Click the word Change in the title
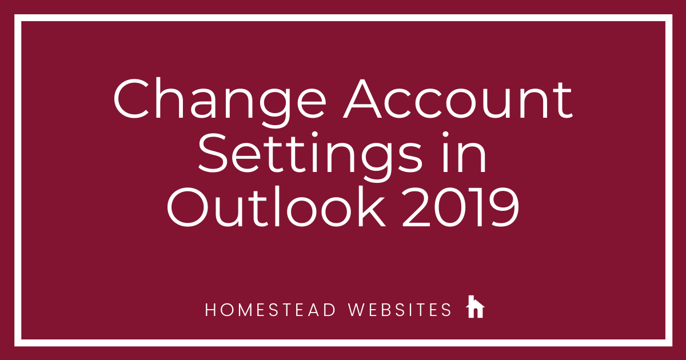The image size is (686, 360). [220, 102]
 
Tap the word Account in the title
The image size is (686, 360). [458, 99]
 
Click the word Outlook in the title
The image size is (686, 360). [276, 207]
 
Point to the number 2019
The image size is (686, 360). [460, 207]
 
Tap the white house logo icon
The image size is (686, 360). [475, 306]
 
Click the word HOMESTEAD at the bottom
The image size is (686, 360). [270, 310]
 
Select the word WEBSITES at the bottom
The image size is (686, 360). [400, 310]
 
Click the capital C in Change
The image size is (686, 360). [131, 99]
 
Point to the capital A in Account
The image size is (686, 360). [362, 99]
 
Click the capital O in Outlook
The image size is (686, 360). [188, 207]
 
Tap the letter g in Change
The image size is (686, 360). [275, 109]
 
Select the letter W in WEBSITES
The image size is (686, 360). [357, 310]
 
